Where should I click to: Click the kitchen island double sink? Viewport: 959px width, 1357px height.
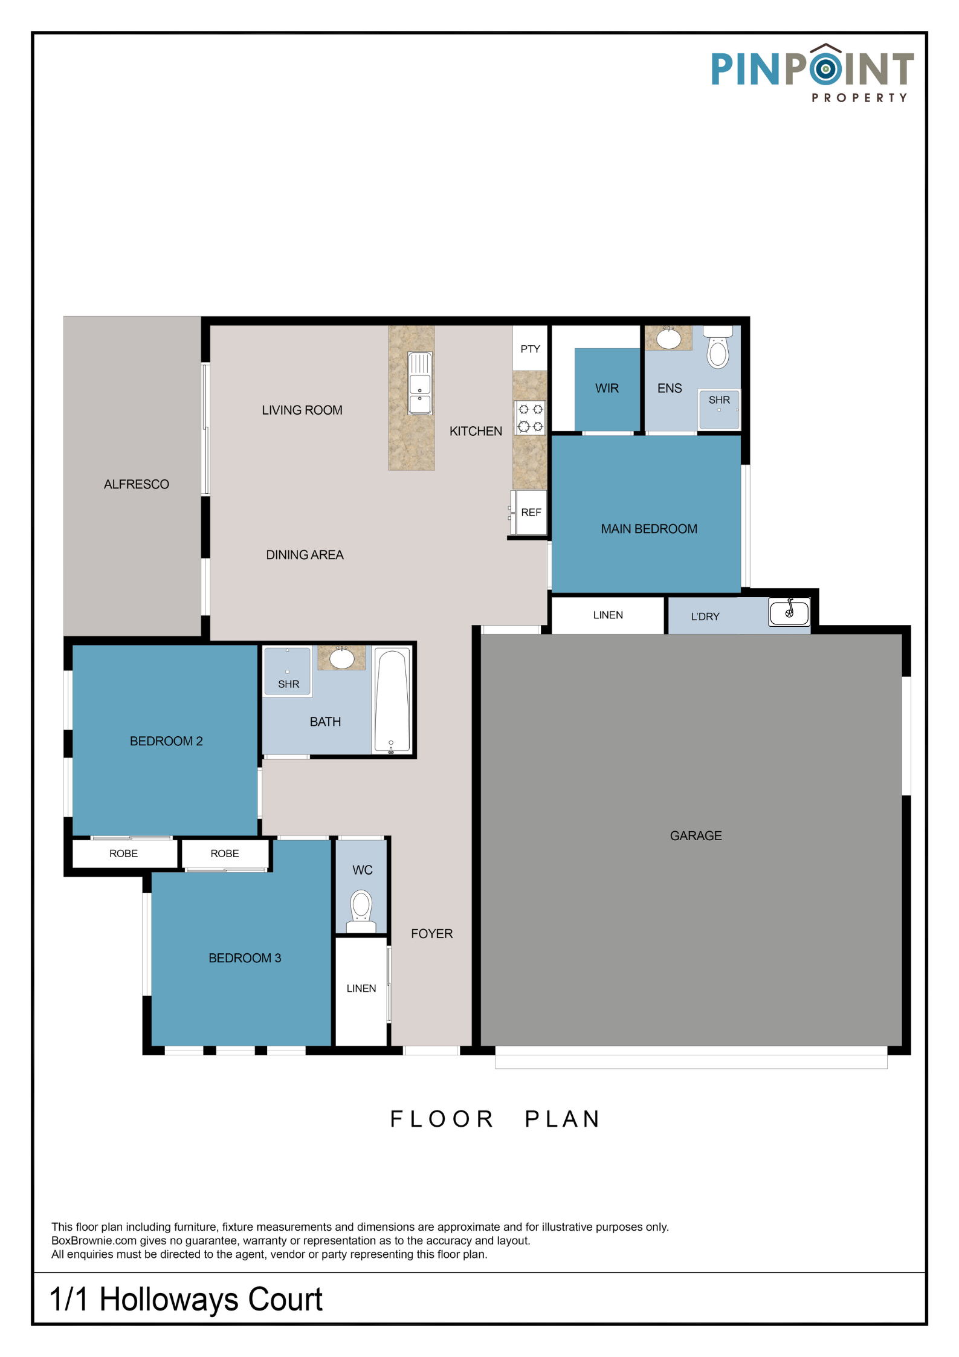tap(419, 383)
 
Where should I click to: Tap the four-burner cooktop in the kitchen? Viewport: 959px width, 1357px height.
tap(531, 418)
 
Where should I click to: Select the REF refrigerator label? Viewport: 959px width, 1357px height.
tap(531, 513)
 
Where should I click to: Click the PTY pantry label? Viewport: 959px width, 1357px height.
tap(530, 349)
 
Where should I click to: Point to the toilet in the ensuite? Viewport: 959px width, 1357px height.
tap(718, 347)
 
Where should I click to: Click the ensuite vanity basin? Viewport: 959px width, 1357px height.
tap(668, 338)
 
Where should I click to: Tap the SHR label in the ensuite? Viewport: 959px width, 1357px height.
tap(719, 400)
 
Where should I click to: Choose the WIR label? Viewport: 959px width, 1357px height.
tap(607, 388)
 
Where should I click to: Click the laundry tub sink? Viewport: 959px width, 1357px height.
tap(789, 612)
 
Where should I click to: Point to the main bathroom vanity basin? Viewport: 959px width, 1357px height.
tap(341, 658)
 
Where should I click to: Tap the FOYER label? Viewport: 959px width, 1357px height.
tap(431, 934)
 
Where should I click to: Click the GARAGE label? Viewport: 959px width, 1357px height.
tap(696, 836)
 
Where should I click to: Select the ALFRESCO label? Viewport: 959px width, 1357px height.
tap(137, 484)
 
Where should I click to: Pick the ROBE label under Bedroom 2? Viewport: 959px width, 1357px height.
tap(123, 853)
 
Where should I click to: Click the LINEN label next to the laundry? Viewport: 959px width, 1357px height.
tap(608, 615)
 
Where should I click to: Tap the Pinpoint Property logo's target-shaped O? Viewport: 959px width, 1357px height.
tap(825, 68)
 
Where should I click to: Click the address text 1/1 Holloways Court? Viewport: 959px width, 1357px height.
tap(186, 1299)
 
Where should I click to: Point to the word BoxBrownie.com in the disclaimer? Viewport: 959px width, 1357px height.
tap(94, 1240)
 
